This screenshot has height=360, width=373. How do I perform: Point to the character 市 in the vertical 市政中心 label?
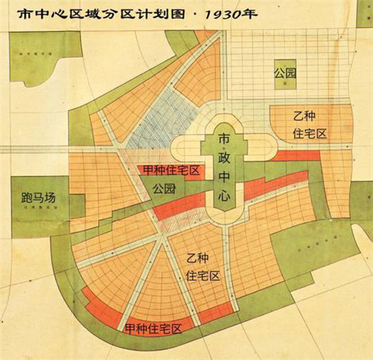point(224,139)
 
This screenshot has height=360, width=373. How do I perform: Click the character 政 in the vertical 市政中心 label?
point(224,159)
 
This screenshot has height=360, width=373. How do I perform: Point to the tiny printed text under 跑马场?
point(39,211)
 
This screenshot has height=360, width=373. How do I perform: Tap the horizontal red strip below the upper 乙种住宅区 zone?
point(295,156)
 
